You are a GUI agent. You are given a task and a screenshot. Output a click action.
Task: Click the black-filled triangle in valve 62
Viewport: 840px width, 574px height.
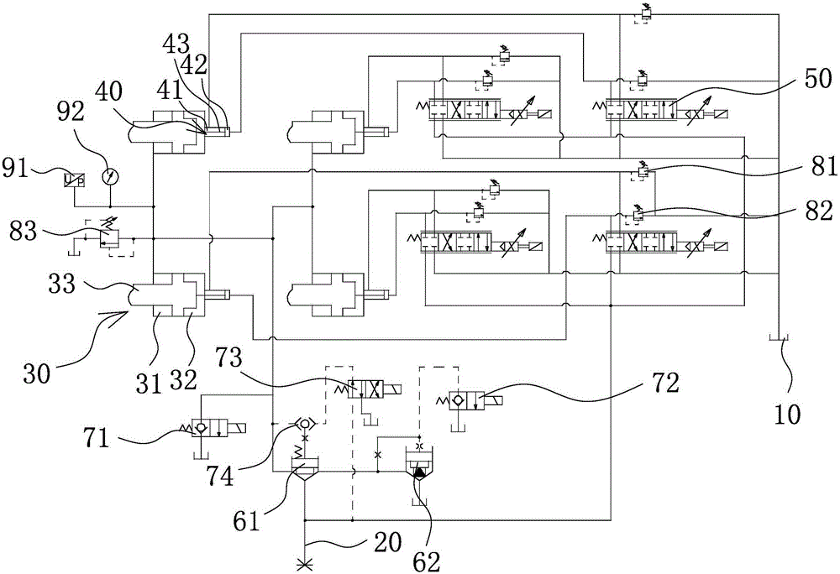418,474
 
